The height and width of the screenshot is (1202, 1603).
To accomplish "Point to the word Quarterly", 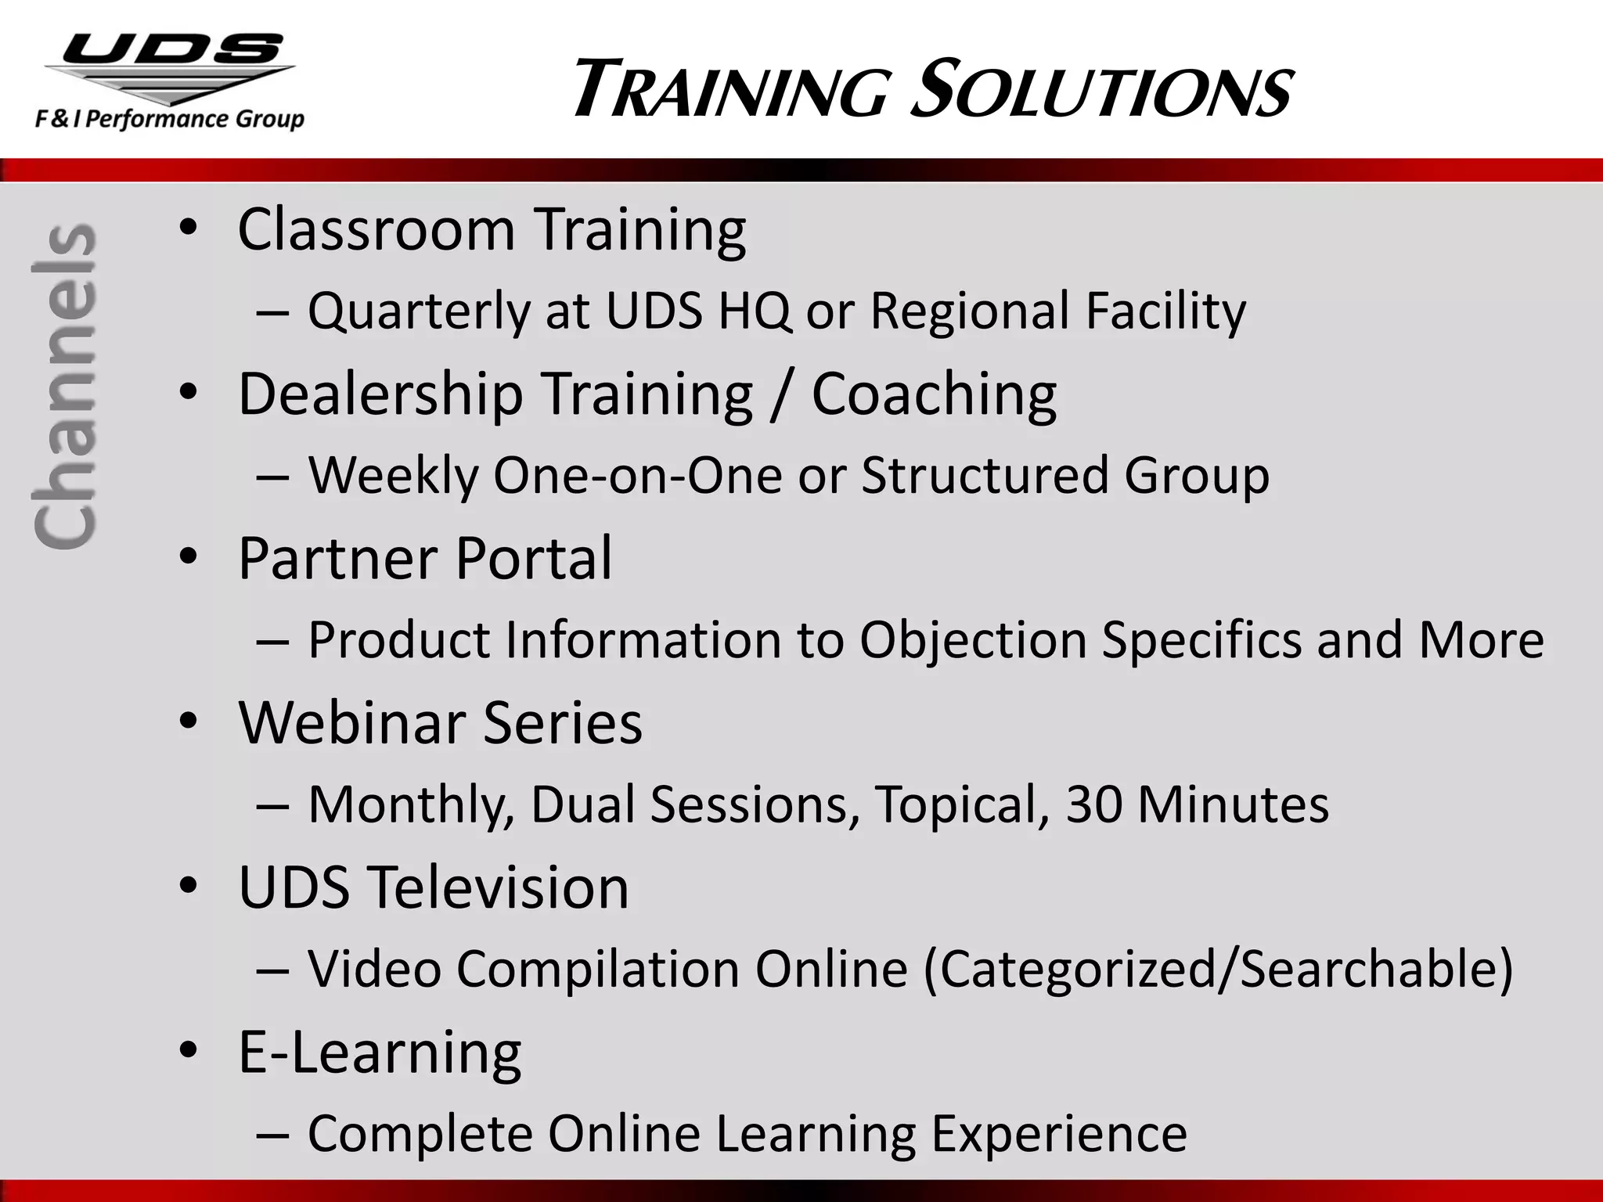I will (x=419, y=311).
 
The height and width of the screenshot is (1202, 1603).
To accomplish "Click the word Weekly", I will (x=392, y=475).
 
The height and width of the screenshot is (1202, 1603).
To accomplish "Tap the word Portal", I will (x=533, y=558).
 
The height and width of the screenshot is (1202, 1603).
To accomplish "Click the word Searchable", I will (x=1375, y=970).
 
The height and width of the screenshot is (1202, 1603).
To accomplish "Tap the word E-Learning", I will (x=380, y=1053).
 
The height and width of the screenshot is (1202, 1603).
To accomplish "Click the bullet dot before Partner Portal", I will (x=188, y=558).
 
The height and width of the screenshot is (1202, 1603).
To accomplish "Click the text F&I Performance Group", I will (x=169, y=120).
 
